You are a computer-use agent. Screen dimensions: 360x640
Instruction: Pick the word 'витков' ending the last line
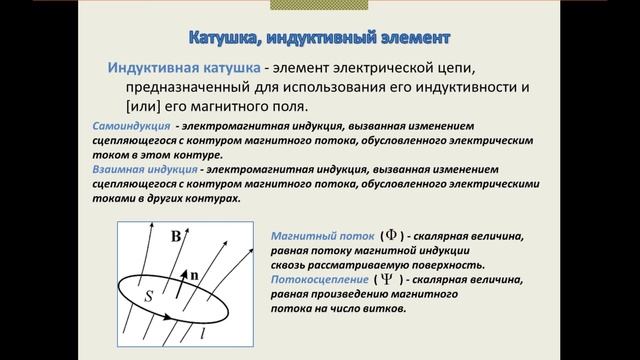click(382, 309)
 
